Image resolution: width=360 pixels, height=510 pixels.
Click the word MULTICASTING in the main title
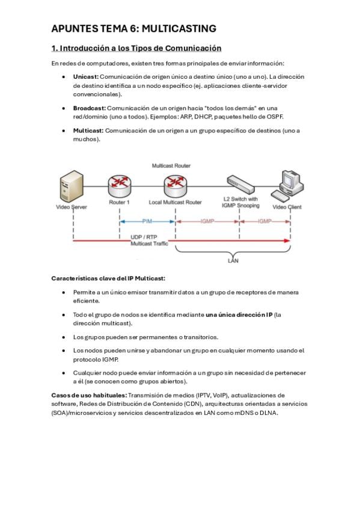tap(179, 29)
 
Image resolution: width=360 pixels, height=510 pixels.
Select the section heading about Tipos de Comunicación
tap(136, 48)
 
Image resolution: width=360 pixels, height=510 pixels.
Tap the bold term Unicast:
tap(86, 77)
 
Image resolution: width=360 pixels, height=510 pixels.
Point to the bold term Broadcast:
tap(90, 108)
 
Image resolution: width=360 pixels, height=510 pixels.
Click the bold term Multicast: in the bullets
tap(88, 131)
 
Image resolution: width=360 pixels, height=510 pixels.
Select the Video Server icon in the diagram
tap(72, 186)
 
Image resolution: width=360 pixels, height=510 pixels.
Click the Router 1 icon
tap(120, 186)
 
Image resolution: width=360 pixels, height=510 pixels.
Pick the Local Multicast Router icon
tap(175, 186)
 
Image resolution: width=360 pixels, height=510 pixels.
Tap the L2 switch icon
tap(240, 185)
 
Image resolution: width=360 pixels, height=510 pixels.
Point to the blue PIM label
tap(147, 221)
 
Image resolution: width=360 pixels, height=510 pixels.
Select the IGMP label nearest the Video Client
tap(265, 221)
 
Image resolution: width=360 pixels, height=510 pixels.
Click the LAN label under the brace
tap(233, 260)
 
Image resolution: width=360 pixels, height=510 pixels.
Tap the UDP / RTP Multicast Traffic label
tap(149, 241)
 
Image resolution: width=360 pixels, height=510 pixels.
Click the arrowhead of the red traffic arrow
tap(287, 241)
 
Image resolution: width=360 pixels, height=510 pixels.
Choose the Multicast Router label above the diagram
tap(171, 166)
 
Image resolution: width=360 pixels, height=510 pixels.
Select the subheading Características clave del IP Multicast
tap(108, 278)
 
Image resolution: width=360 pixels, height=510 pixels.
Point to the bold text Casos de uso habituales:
tap(89, 396)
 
